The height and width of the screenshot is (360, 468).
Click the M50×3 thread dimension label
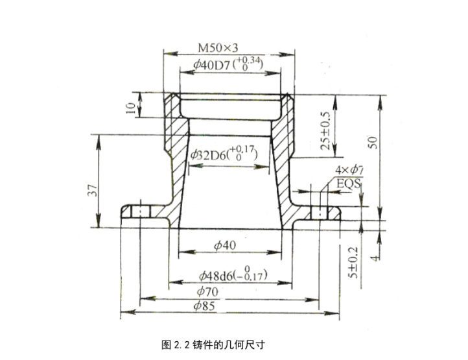(x=218, y=48)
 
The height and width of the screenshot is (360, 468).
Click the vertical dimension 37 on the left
(x=93, y=191)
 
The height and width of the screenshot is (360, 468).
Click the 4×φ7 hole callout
(x=347, y=171)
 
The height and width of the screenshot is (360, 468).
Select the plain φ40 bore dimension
(x=224, y=245)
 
